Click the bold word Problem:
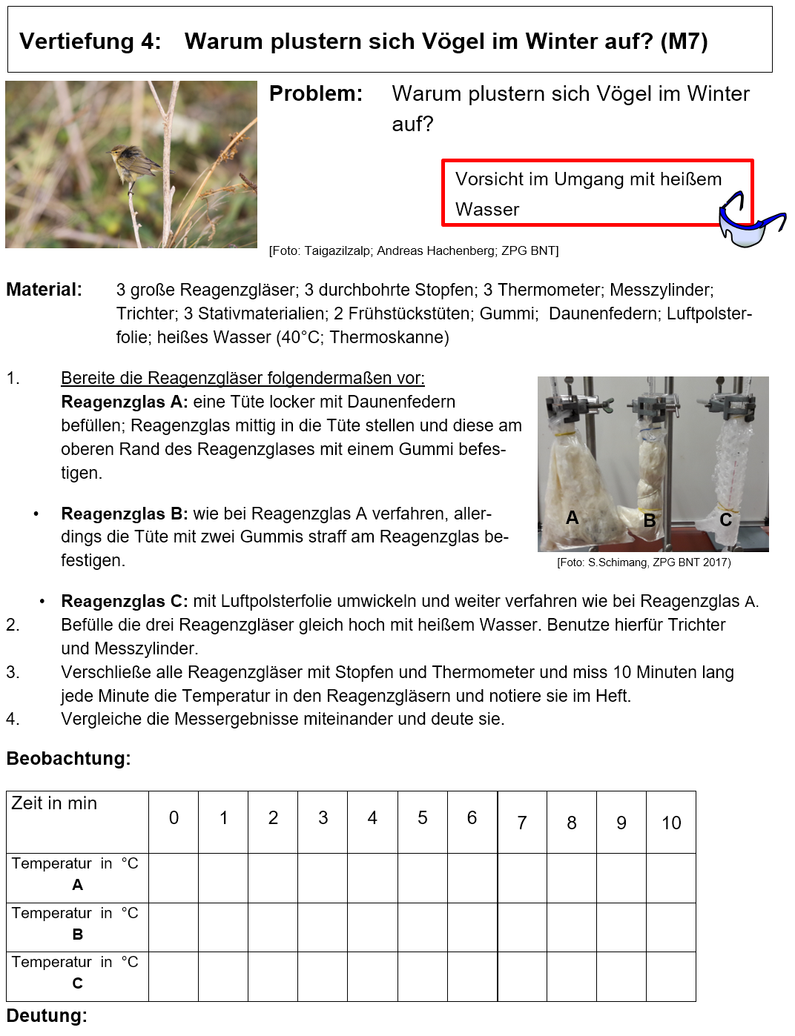(x=316, y=94)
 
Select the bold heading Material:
(x=44, y=290)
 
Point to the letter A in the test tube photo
(x=572, y=517)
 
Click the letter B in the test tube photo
(x=650, y=521)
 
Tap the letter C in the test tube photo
(x=725, y=520)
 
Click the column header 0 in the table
(x=174, y=818)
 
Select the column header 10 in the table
(x=671, y=823)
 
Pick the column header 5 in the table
(x=422, y=818)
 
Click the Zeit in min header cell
(x=54, y=804)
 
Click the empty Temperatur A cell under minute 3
(x=323, y=878)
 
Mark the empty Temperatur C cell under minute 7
(x=522, y=977)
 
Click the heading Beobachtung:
(x=68, y=759)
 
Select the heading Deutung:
(x=47, y=1016)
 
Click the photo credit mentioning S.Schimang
(x=644, y=562)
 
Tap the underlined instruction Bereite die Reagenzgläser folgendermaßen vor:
(x=243, y=379)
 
